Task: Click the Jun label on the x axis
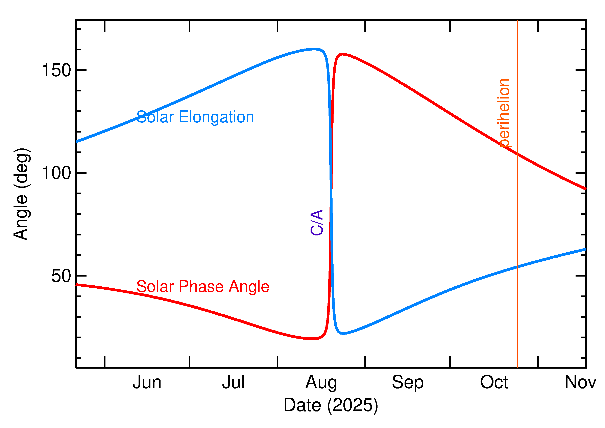147,382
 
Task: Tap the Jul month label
233,382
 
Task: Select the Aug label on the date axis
321,383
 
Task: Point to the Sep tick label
408,383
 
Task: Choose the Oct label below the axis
494,382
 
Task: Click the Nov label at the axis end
580,382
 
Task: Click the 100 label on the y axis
56,173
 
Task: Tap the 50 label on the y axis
61,276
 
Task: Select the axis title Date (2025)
331,405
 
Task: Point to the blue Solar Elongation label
195,117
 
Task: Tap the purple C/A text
317,222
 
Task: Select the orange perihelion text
504,113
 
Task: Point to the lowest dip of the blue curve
343,333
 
